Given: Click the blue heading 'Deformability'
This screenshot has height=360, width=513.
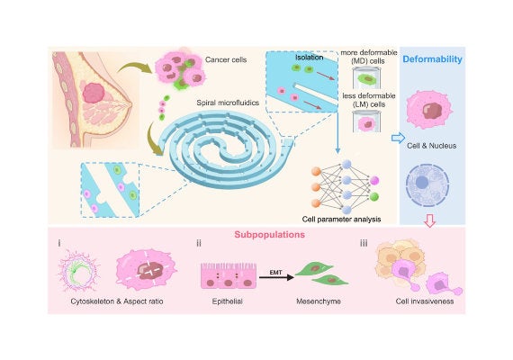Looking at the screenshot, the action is click(432, 59).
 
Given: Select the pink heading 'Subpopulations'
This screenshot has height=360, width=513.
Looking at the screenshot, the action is click(270, 235).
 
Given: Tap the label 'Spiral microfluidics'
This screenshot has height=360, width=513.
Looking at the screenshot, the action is click(228, 103).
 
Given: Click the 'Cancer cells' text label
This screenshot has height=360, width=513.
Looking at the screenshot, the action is click(226, 59).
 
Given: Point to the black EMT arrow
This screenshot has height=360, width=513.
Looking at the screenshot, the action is click(276, 277).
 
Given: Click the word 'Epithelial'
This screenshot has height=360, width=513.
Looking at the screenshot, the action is click(227, 301).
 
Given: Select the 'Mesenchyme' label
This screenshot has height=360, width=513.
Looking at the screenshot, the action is click(319, 301).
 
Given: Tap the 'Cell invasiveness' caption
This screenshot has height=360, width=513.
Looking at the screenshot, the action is click(425, 301).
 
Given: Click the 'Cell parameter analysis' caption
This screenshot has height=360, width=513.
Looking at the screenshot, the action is click(341, 220).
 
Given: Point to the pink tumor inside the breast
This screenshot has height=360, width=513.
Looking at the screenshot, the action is click(94, 93).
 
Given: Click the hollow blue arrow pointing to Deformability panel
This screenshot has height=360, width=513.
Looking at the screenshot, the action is click(398, 138).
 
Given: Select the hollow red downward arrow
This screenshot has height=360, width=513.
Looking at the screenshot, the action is click(429, 220).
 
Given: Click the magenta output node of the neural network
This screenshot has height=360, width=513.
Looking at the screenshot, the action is click(374, 180).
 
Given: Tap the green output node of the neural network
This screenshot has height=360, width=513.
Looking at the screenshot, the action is click(374, 197).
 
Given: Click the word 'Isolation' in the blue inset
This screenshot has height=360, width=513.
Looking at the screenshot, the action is click(310, 58).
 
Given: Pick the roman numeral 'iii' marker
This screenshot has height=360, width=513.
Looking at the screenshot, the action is click(364, 243).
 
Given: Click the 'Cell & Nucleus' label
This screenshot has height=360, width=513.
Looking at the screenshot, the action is click(431, 146).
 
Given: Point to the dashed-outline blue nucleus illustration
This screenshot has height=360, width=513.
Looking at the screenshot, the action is click(427, 185).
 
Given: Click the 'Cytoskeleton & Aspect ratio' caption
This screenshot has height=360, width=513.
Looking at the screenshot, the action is click(117, 301).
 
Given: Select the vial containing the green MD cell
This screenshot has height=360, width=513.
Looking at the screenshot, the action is click(367, 78).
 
